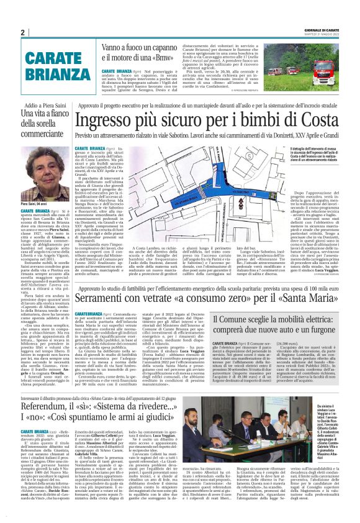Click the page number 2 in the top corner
(x=22, y=32)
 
